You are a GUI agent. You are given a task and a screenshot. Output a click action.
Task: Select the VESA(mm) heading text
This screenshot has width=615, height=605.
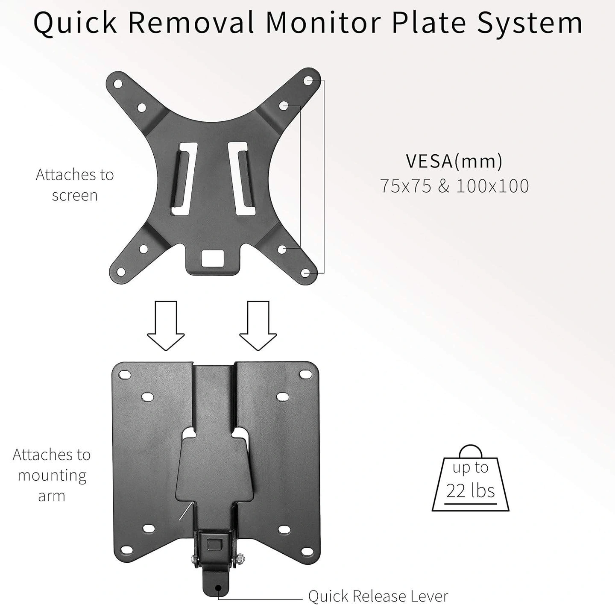pyautogui.click(x=454, y=161)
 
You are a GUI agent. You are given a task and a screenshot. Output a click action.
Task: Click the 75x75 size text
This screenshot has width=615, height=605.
pyautogui.click(x=406, y=186)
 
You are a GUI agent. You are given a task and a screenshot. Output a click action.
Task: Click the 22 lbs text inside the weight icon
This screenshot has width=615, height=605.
pyautogui.click(x=470, y=490)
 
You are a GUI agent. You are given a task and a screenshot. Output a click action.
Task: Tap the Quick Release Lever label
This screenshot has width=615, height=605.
pyautogui.click(x=378, y=596)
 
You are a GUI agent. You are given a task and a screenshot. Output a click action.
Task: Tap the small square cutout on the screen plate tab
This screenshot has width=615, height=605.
pyautogui.click(x=212, y=258)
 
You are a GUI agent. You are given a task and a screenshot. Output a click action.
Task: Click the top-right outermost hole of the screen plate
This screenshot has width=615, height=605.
pyautogui.click(x=308, y=80)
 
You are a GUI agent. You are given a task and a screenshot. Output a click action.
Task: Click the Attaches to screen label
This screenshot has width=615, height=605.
pyautogui.click(x=75, y=185)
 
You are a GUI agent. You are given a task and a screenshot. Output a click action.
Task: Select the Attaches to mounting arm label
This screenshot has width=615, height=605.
pyautogui.click(x=51, y=475)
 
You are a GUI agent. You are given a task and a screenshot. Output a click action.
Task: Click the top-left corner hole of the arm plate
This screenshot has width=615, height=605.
pyautogui.click(x=125, y=374)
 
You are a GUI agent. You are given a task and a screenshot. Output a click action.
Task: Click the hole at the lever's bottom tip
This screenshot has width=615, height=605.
pyautogui.click(x=219, y=588)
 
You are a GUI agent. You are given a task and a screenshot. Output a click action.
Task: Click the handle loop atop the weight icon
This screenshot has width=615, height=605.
pyautogui.click(x=470, y=452)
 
